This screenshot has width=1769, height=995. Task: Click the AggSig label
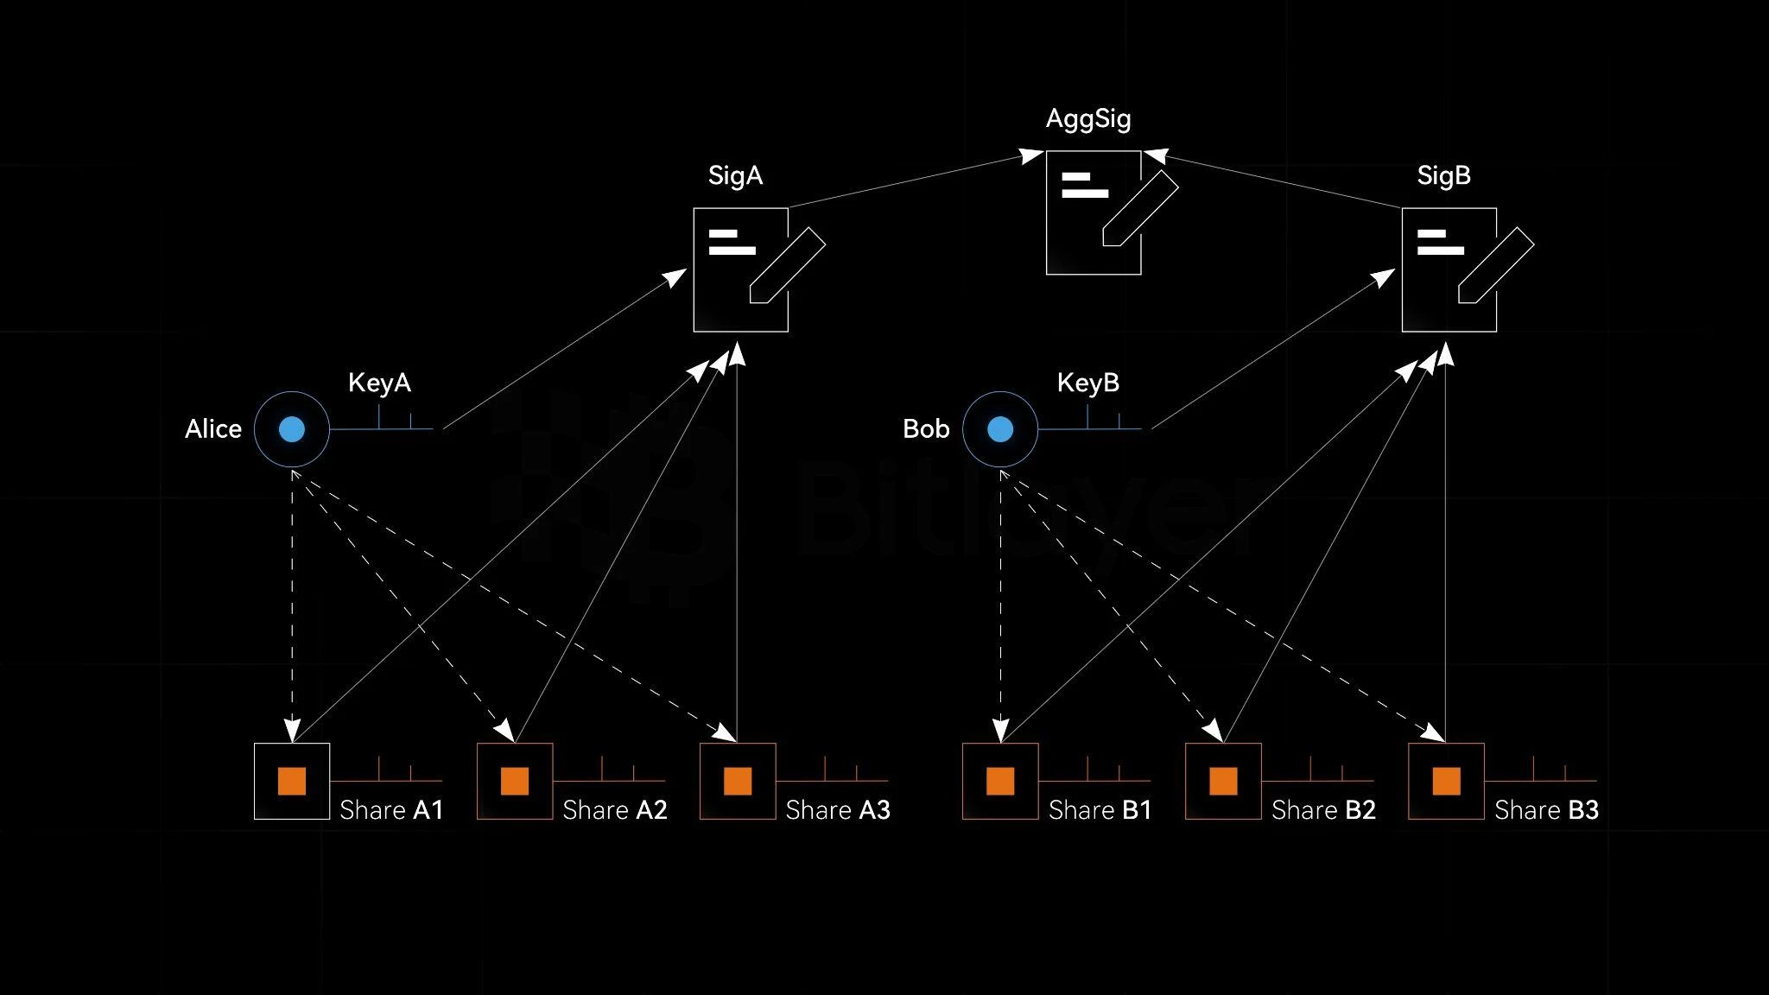(x=1088, y=119)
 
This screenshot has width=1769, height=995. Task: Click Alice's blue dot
(x=292, y=429)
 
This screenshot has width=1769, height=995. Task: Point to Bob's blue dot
(x=1000, y=429)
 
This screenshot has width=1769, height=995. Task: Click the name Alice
(x=213, y=429)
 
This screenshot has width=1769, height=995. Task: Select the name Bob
(x=926, y=429)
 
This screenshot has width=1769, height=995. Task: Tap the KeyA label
(x=379, y=383)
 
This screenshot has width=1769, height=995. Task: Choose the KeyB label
(x=1088, y=383)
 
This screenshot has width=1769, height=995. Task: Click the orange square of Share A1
(x=292, y=781)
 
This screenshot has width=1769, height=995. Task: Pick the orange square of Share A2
(x=515, y=781)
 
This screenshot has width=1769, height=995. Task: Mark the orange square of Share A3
(x=738, y=781)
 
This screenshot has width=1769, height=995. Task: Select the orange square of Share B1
(x=1000, y=781)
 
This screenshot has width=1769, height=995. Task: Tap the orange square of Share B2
(x=1223, y=781)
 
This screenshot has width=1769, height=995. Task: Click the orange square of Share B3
(x=1446, y=781)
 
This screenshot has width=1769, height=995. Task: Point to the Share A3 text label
(x=838, y=810)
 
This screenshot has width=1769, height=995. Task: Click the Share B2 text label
(x=1323, y=810)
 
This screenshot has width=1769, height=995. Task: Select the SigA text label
(x=735, y=176)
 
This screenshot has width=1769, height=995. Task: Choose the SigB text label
(x=1443, y=176)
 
